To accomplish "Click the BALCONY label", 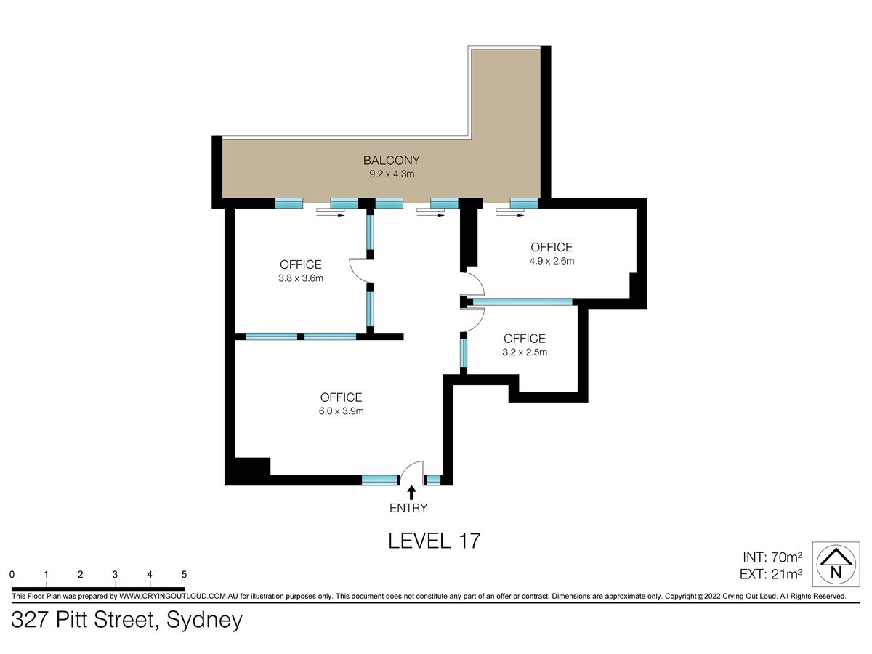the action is pos(391,161).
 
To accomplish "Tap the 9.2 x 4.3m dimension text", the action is pos(392,174).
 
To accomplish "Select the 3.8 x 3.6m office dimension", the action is pos(301,278).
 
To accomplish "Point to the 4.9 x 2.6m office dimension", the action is pos(552,261).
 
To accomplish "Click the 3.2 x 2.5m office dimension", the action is pos(525,352).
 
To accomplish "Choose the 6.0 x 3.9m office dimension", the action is pos(341,411).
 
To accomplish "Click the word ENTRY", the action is pos(408,508).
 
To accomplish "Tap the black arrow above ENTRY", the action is pos(412,493).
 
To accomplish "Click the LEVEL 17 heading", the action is pos(435,541).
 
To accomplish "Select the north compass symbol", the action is pos(836,564).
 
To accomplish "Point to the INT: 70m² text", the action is pos(772,557).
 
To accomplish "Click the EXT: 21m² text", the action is pos(771,574).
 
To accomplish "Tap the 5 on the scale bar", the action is pos(184,574).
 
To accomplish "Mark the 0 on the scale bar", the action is pos(12,574).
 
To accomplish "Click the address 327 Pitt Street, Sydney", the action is pos(126,621).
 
